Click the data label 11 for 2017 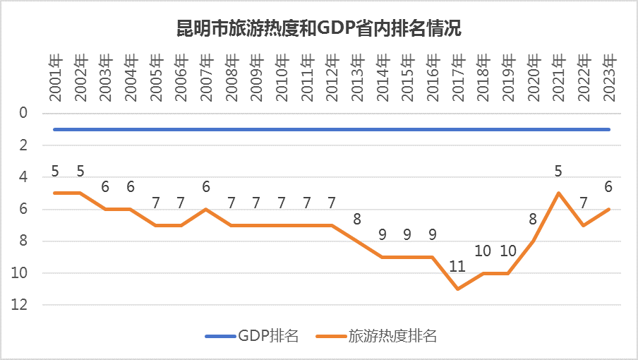(458, 268)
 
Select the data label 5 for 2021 (558, 172)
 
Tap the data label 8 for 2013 (357, 220)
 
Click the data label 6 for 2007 (206, 187)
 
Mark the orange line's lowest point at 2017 (458, 289)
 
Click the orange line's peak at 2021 (558, 193)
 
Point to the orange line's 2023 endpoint (609, 209)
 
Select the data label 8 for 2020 (533, 220)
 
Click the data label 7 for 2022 (584, 203)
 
